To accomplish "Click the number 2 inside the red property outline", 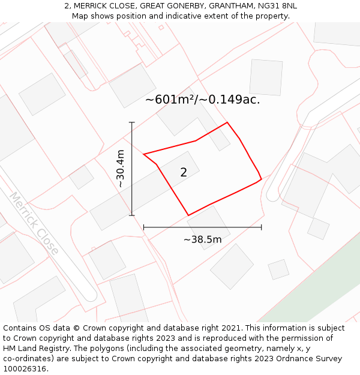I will click(184, 173).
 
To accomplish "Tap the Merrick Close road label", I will click(34, 223).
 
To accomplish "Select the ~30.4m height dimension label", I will click(121, 169).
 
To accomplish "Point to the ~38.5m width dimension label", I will click(202, 240).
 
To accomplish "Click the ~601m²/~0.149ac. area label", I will click(202, 100).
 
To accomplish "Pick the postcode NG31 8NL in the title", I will click(274, 6).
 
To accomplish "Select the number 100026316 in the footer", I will click(25, 369).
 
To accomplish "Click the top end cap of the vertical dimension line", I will click(132, 122).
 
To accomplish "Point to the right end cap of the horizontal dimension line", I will click(262, 227).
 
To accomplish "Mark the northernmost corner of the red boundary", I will click(227, 122).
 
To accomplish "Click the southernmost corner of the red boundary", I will click(188, 215).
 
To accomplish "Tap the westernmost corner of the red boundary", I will click(144, 154).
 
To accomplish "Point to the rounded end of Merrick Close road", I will click(90, 295).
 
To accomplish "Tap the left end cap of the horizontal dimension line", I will click(144, 227).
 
